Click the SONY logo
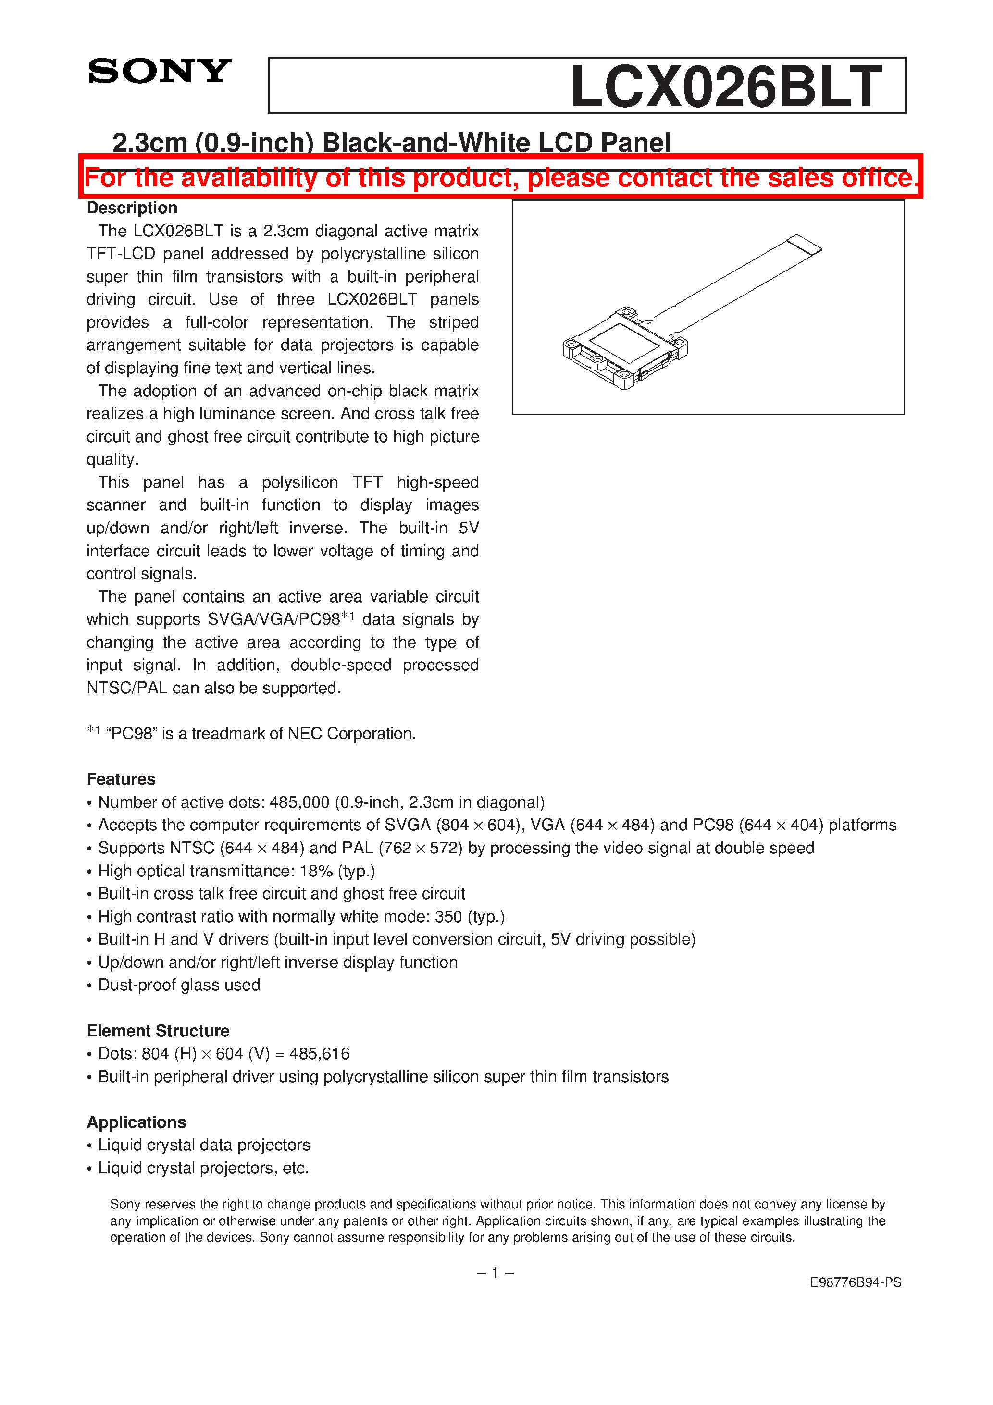click(x=159, y=72)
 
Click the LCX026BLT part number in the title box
click(x=726, y=87)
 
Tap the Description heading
click(x=132, y=208)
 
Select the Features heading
click(x=121, y=779)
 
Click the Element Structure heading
click(x=158, y=1031)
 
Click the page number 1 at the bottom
click(x=495, y=1273)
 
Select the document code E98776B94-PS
click(x=855, y=1282)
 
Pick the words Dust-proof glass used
click(x=179, y=985)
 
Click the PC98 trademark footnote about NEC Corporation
click(x=252, y=733)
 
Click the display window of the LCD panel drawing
click(x=623, y=343)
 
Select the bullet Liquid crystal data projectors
click(x=204, y=1145)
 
